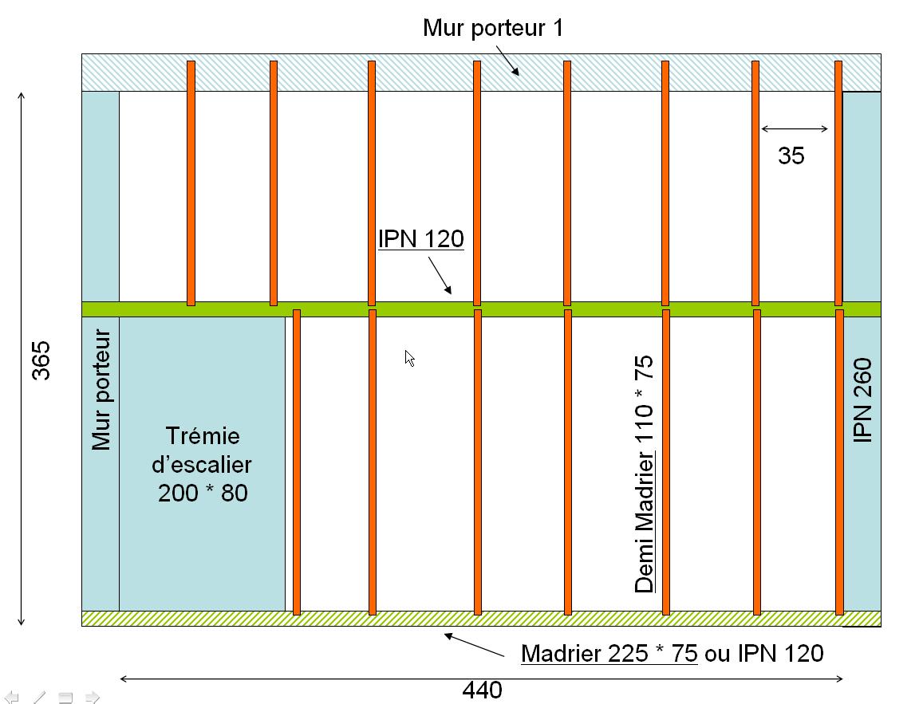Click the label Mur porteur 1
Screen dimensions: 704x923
(x=492, y=29)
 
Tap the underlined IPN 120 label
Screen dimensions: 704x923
(x=420, y=238)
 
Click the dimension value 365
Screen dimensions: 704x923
(x=40, y=360)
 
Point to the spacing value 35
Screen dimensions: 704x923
(x=791, y=156)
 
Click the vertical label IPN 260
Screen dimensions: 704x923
(x=863, y=400)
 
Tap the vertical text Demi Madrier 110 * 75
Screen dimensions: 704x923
(x=644, y=474)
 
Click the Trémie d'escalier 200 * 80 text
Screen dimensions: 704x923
(x=203, y=464)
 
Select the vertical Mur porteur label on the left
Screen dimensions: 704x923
(x=101, y=391)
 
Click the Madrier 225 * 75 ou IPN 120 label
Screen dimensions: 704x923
(x=672, y=654)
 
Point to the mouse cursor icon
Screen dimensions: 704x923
(x=409, y=358)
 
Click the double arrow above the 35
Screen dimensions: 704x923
(x=795, y=129)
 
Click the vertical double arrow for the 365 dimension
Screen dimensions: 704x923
(x=22, y=359)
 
